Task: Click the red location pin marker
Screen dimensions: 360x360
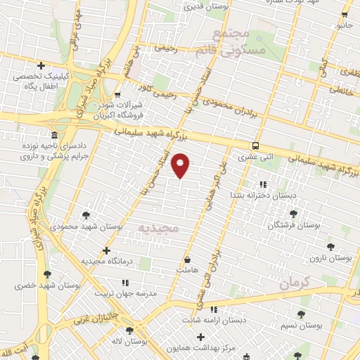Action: click(x=181, y=166)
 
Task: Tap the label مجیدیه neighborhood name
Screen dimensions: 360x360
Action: click(x=158, y=229)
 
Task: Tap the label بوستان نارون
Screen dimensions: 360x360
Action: click(x=334, y=258)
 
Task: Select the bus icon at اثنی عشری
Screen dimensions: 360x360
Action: click(x=255, y=146)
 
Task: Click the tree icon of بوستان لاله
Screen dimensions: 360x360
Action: click(x=129, y=330)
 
